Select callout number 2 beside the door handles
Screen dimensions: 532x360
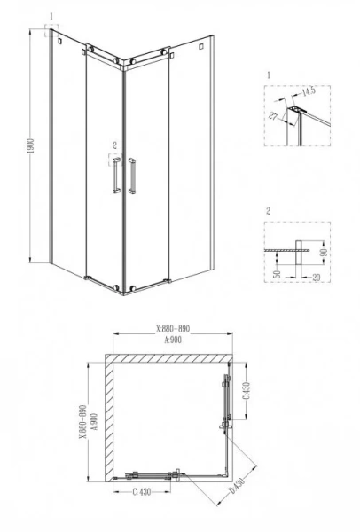click(x=113, y=143)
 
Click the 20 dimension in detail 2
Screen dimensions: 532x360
click(x=315, y=277)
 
